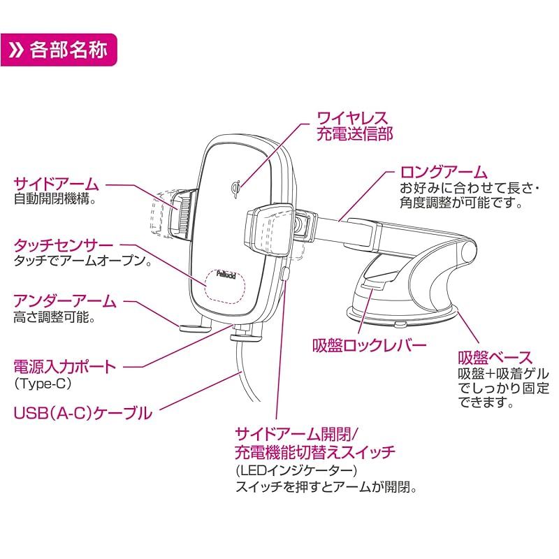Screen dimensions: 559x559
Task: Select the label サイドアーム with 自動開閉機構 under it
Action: [56, 184]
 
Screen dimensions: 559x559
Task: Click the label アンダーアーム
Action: [64, 302]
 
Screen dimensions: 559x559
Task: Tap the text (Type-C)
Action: [43, 384]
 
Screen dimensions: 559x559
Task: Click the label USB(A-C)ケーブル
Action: [82, 413]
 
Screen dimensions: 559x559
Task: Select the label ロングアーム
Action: [443, 172]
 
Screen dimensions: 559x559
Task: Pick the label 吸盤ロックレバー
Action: [370, 344]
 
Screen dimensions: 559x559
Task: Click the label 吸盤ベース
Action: [495, 357]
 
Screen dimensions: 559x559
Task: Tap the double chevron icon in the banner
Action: [17, 50]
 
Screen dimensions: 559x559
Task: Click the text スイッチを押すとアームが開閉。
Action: [326, 487]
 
